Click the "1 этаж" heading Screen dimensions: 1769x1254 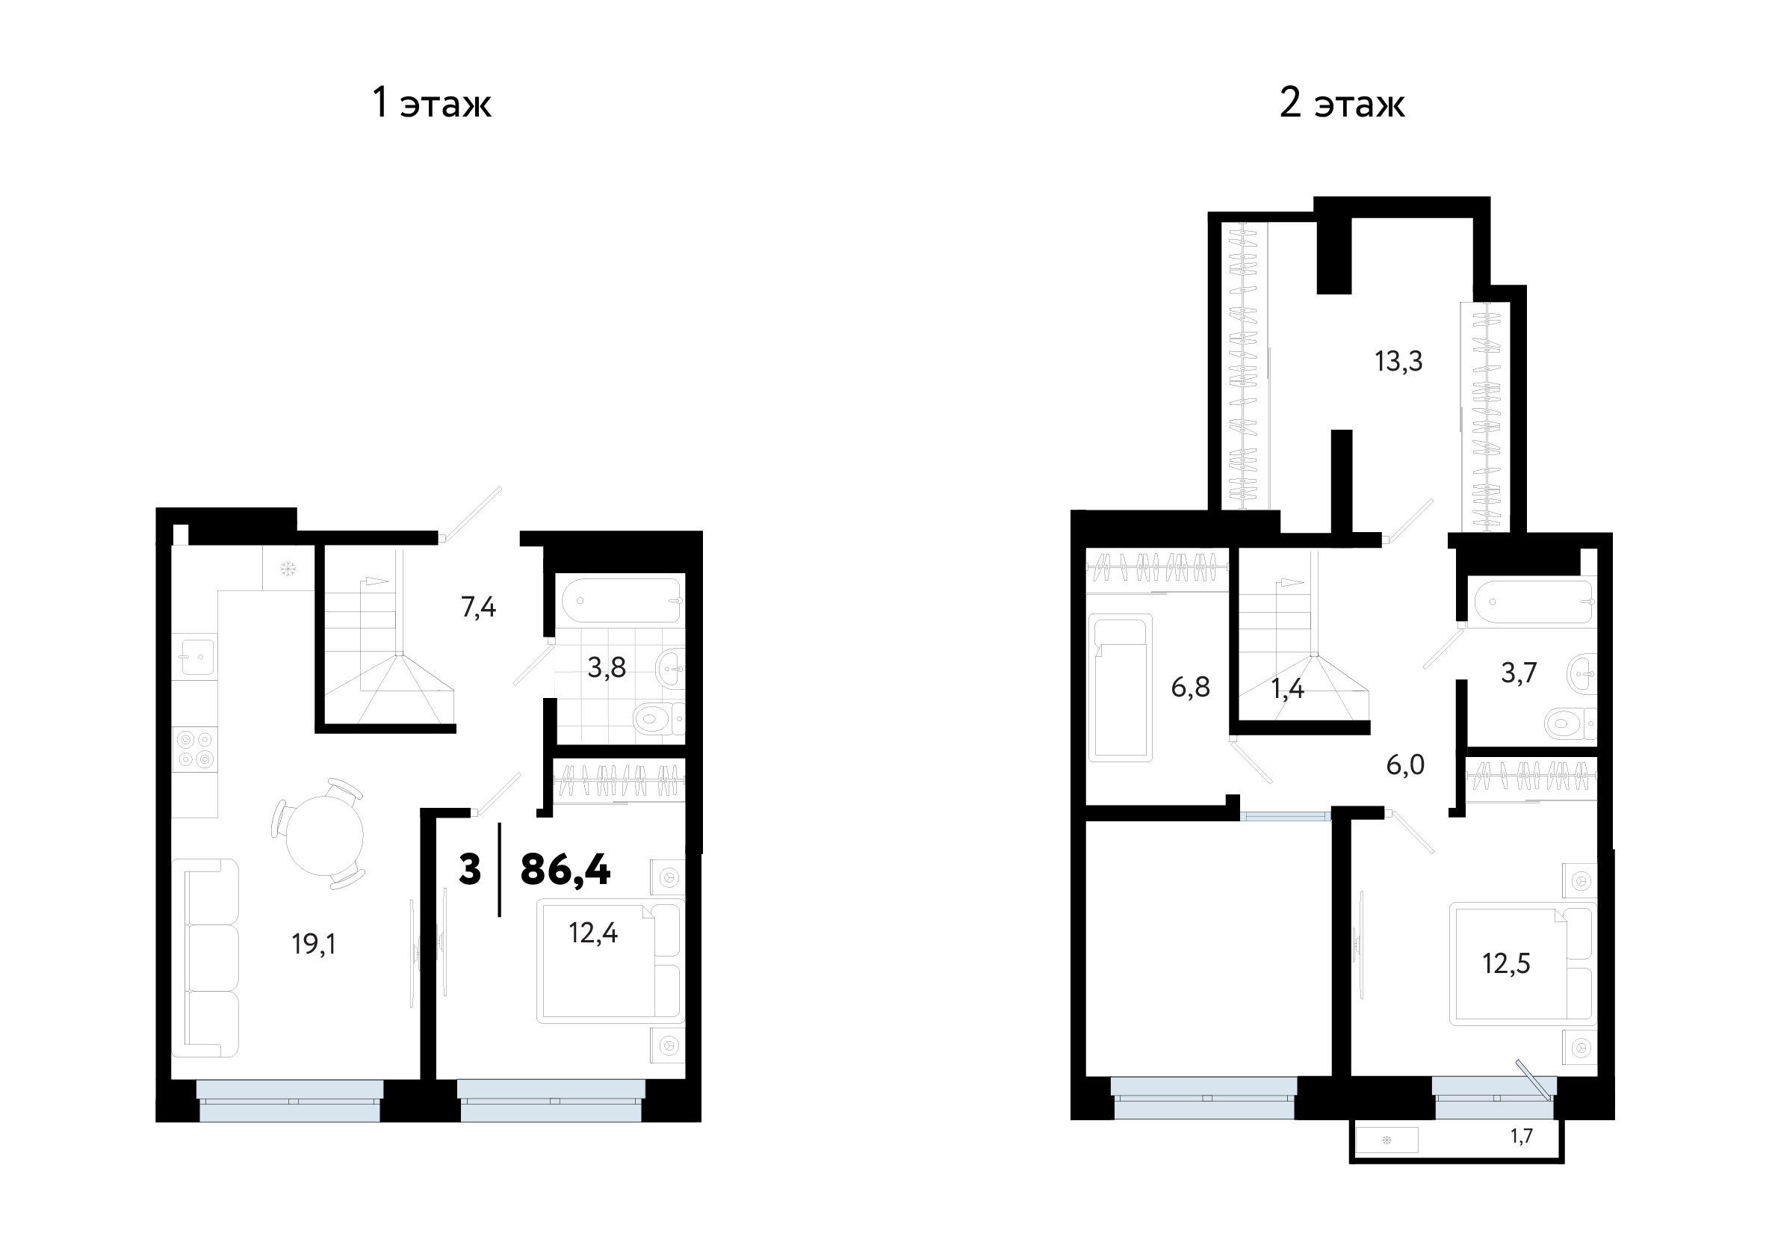click(432, 102)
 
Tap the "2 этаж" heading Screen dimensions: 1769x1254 click(1342, 102)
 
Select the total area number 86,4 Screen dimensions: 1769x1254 click(566, 869)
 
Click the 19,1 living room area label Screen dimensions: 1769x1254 click(314, 944)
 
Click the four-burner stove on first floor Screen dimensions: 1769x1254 click(194, 750)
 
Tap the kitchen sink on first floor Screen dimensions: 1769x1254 click(194, 656)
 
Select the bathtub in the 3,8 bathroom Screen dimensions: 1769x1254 click(622, 601)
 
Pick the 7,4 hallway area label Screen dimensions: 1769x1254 click(479, 608)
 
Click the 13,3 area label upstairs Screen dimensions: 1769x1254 click(1398, 361)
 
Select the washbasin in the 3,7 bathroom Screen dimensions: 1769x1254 click(1582, 674)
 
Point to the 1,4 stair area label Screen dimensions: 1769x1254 click(1287, 689)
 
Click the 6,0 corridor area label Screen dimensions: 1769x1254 click(1405, 765)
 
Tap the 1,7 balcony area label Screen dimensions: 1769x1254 click(1521, 1136)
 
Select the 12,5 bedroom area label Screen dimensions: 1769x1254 click(1506, 963)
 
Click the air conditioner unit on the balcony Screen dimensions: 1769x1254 click(1387, 1140)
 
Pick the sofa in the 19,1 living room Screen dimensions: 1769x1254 click(205, 958)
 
